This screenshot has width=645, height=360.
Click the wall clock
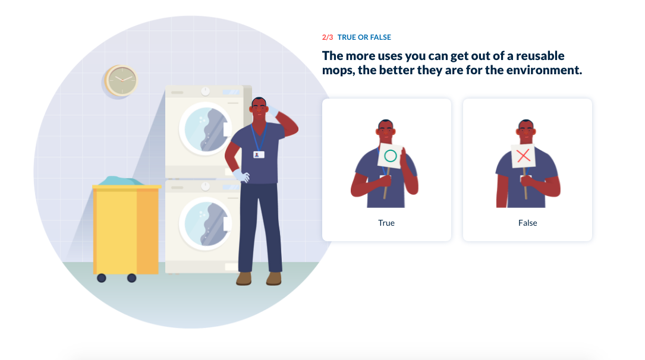[121, 80]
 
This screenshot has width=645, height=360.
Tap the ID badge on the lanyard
[259, 154]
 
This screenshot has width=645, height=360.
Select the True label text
[386, 223]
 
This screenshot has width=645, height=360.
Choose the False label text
[527, 223]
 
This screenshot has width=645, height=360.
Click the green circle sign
[390, 156]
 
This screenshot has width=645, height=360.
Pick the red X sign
[523, 156]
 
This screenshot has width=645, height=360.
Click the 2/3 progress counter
[328, 37]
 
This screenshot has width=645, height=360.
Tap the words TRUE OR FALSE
[364, 37]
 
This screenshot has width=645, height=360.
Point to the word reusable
[540, 56]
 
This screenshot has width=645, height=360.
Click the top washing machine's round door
[205, 129]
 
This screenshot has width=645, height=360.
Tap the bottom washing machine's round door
[205, 224]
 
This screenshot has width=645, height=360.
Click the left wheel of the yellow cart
[102, 278]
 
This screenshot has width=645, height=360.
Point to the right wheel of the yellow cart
[131, 278]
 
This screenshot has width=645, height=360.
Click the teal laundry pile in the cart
[121, 181]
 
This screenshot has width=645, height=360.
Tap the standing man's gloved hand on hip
[241, 175]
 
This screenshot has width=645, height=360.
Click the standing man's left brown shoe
[244, 279]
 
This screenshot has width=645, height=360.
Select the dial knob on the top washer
[205, 91]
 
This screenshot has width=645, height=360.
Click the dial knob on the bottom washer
[205, 186]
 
